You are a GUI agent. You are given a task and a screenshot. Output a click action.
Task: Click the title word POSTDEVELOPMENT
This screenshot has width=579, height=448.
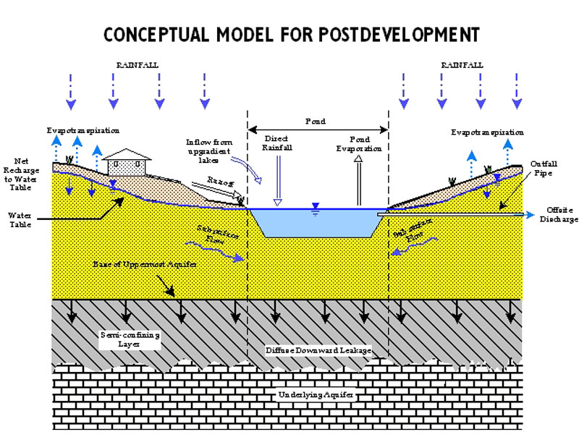tap(410, 35)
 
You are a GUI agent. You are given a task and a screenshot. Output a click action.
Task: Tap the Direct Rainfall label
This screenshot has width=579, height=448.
tap(276, 142)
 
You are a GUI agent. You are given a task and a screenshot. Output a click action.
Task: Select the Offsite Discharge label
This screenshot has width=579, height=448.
tap(559, 215)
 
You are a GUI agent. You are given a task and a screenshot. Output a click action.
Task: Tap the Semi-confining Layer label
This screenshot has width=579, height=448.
tap(130, 339)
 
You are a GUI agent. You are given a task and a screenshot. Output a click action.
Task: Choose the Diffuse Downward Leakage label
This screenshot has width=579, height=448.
tap(318, 350)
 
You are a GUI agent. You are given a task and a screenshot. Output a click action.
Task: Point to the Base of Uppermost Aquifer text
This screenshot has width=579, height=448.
tap(136, 266)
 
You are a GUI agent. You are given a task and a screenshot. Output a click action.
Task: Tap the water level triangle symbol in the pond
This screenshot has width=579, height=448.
tap(313, 206)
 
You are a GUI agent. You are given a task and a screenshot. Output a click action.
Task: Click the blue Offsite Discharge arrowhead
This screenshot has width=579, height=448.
tap(531, 214)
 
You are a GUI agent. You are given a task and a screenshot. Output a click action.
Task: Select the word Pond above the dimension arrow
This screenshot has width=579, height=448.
tap(316, 121)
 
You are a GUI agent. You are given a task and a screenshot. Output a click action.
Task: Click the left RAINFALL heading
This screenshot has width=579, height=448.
tap(137, 65)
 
